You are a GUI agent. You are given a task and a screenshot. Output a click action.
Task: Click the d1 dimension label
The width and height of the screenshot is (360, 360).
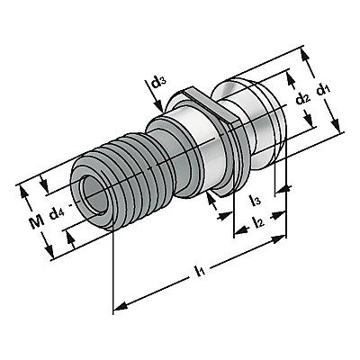(322, 90)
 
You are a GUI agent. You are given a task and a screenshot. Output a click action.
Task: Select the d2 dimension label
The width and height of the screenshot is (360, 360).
(303, 99)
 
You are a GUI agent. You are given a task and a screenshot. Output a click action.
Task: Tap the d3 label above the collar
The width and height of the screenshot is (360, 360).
(157, 82)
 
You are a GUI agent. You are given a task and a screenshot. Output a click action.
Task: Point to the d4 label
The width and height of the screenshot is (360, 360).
(57, 214)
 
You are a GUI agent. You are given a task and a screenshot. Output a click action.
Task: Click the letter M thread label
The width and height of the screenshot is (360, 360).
(36, 222)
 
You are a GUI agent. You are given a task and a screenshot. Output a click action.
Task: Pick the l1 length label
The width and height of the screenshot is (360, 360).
(199, 270)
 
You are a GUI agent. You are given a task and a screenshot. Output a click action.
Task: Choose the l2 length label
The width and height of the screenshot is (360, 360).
(258, 222)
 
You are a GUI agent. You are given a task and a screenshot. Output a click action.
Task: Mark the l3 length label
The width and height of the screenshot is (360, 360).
(255, 201)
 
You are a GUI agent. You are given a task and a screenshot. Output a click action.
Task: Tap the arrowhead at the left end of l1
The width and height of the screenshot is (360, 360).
(121, 307)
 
